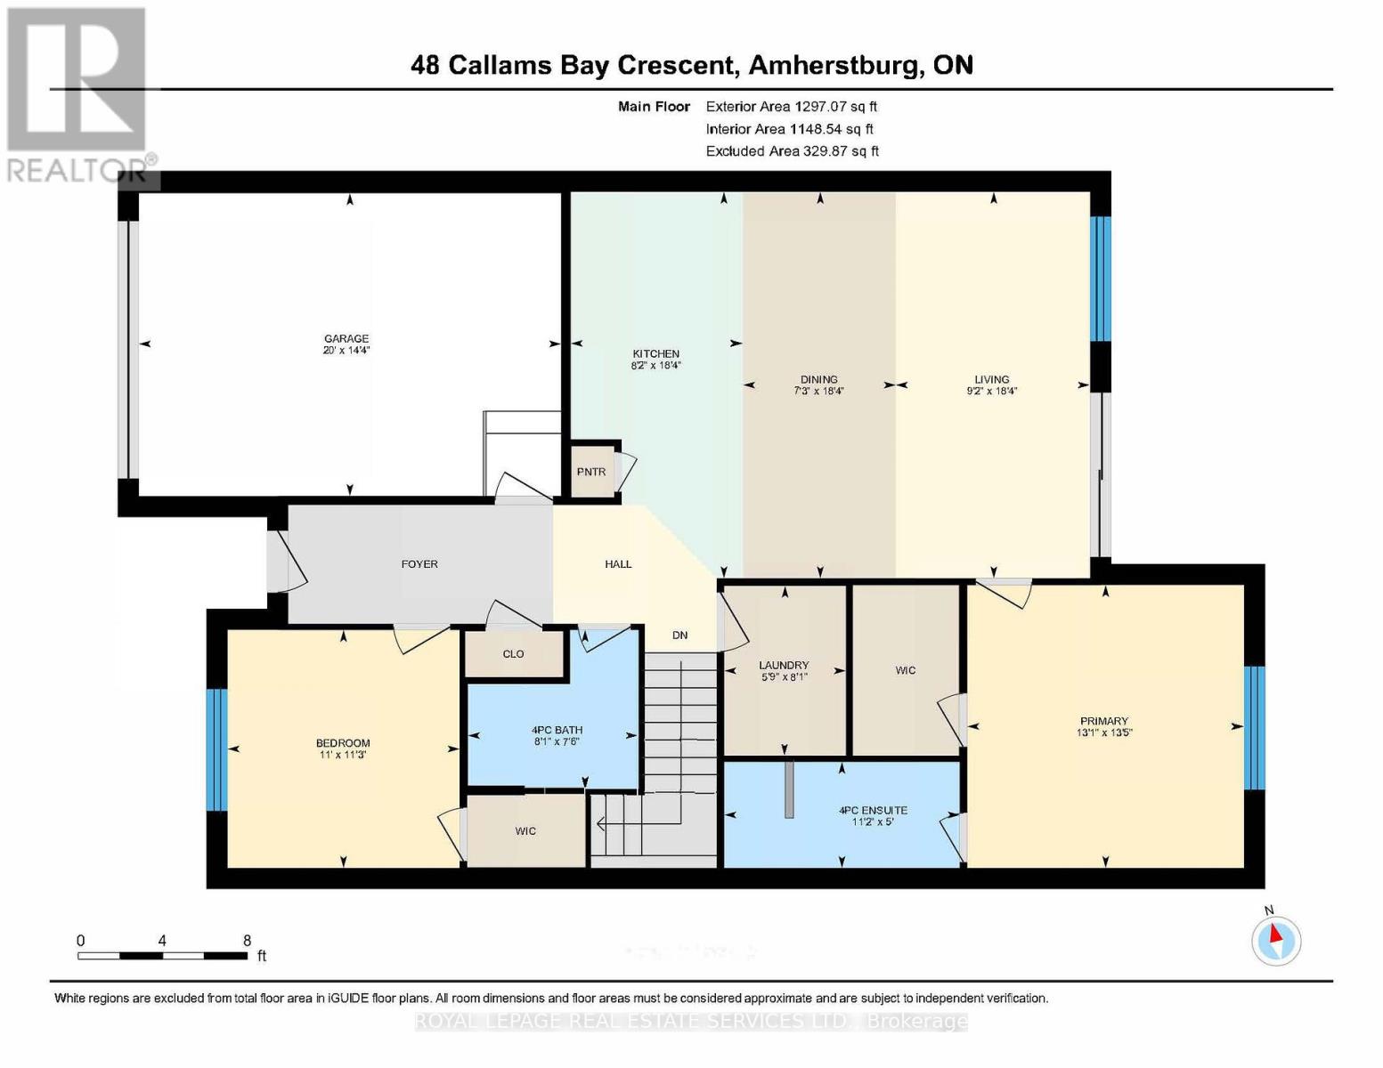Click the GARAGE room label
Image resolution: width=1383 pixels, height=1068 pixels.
coord(346,338)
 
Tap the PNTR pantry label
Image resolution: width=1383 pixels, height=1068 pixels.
coord(590,472)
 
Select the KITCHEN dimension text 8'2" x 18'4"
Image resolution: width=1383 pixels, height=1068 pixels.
coord(655,365)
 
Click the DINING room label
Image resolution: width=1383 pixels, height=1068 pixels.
coord(818,379)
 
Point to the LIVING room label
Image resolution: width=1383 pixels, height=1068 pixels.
coord(991,379)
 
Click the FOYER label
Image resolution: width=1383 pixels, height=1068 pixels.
coord(419,564)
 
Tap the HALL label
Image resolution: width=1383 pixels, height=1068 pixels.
coord(618,564)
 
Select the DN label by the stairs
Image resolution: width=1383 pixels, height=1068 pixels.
coord(679,635)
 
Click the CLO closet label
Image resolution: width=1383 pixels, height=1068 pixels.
coord(513,654)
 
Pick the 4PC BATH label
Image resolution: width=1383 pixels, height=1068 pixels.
coord(557,731)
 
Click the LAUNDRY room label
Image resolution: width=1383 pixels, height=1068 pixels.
coord(784,665)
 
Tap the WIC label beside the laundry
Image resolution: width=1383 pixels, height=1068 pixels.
coord(905,670)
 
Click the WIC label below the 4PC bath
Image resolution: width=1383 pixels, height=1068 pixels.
coord(525,831)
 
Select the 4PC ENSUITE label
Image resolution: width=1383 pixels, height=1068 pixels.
coord(873,811)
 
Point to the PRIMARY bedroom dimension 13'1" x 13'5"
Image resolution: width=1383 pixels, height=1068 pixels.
coord(1103,733)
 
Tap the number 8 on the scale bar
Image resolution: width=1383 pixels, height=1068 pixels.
coord(247,941)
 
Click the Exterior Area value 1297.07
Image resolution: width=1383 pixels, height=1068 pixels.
coord(818,106)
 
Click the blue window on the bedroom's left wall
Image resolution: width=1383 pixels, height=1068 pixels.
coord(216,749)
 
